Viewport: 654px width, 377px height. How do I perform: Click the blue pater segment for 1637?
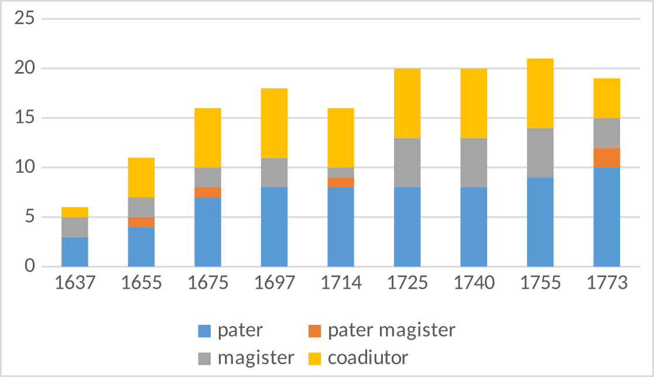point(75,252)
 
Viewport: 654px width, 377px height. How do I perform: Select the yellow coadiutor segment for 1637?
point(75,212)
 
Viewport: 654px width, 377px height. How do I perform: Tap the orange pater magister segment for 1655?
point(141,222)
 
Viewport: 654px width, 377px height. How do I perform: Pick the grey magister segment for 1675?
point(208,177)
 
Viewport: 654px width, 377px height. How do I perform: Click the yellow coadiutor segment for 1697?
point(274,123)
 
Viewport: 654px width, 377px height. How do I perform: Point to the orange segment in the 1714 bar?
point(341,182)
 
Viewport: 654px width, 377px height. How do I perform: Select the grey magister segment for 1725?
point(407,162)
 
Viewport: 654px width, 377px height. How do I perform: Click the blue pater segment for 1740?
point(474,227)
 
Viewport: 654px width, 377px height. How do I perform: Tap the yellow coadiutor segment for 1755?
point(540,93)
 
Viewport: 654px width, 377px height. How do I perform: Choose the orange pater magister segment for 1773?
point(607,157)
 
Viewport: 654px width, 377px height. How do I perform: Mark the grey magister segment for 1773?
point(607,132)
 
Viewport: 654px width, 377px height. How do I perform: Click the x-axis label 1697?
point(274,283)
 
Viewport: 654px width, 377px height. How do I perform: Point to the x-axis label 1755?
point(540,283)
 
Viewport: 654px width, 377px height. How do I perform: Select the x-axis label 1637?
point(75,283)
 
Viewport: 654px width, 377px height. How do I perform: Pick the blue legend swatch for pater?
point(204,331)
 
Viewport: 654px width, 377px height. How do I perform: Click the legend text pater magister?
point(391,330)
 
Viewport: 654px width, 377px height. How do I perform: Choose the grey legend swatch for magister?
point(204,357)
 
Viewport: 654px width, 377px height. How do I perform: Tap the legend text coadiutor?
point(368,357)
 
